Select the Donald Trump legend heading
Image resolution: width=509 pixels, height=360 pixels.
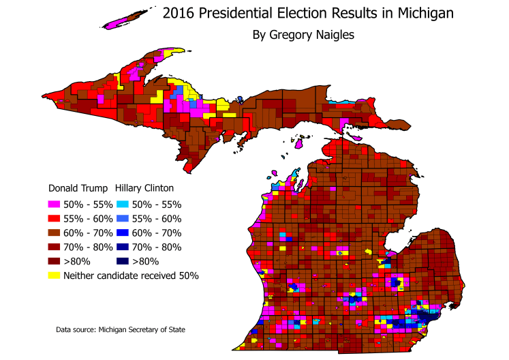pyautogui.click(x=78, y=187)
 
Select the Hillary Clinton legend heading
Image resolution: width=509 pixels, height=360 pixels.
pyautogui.click(x=144, y=187)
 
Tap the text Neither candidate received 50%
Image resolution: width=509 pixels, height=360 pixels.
pyautogui.click(x=131, y=276)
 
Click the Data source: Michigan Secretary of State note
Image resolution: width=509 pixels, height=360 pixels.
pyautogui.click(x=121, y=330)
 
